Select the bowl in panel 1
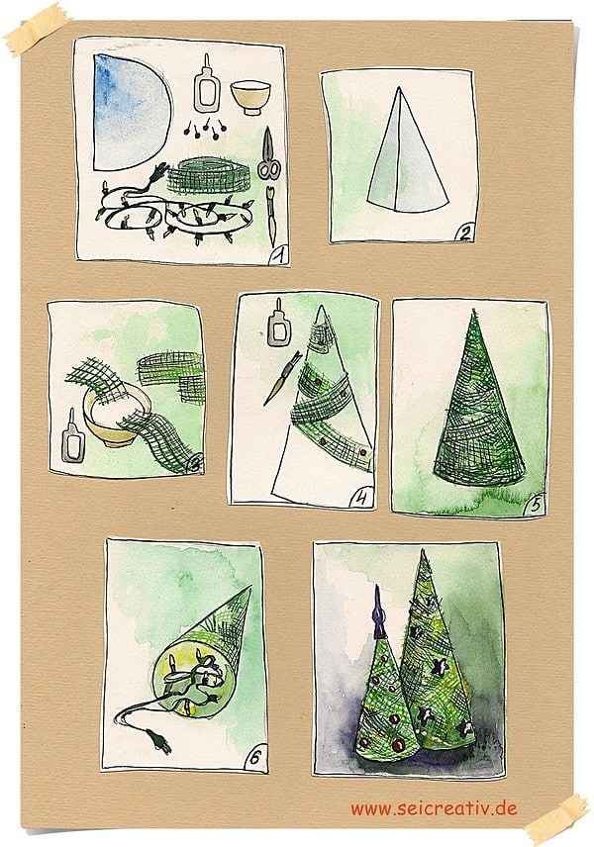[250, 97]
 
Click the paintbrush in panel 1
[271, 215]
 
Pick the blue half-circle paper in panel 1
[130, 113]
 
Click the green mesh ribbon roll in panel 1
[208, 175]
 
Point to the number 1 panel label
[278, 254]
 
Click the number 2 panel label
[465, 233]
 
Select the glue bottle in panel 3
[72, 436]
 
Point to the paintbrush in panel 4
[281, 379]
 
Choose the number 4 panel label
[361, 498]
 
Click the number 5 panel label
[535, 505]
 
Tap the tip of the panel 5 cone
[473, 310]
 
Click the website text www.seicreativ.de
[434, 808]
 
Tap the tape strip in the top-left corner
[36, 29]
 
